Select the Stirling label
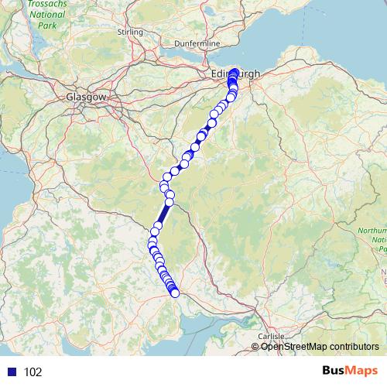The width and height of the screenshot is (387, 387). click(130, 32)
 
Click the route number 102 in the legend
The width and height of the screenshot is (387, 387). click(33, 372)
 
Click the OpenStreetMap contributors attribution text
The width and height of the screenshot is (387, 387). click(319, 347)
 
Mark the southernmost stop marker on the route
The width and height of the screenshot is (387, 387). click(175, 293)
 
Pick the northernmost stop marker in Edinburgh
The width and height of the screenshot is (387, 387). click(235, 70)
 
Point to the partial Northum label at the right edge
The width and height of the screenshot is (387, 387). click(375, 231)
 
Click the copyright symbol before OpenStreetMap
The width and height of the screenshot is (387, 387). click(255, 347)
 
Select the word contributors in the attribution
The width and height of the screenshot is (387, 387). click(353, 347)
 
